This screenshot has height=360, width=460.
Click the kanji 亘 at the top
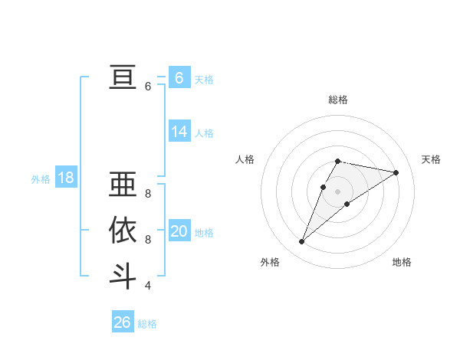pos(123,77)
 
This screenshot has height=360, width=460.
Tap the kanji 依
pos(123,231)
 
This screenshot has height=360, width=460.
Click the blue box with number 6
pos(179,78)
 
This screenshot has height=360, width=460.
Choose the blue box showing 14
pos(179,132)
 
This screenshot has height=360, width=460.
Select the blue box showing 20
pos(179,231)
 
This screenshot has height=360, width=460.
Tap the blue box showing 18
pos(66,178)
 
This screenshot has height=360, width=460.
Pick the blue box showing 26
pos(122,322)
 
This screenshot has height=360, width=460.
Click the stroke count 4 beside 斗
pos(147,286)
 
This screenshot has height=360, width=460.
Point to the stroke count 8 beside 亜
pos(147,194)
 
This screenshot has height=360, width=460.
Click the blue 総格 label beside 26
pos(147,324)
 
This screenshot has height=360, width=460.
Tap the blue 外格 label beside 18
pos(41,179)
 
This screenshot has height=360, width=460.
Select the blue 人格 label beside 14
pos(204,133)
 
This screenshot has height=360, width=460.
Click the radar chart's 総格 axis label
pos(337,100)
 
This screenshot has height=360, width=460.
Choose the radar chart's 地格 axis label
pos(402,262)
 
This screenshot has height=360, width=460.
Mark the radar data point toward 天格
pos(396,172)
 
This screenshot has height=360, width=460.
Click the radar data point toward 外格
pos(302,242)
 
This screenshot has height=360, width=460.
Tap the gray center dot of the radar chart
pos(337,191)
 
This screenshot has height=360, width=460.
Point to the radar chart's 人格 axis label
pos(245,159)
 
